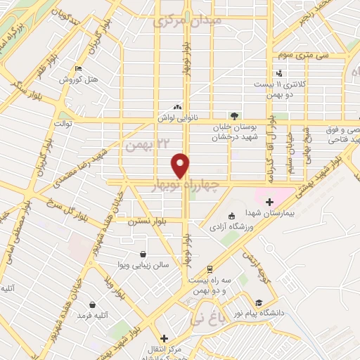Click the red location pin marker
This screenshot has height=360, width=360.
(x=181, y=165)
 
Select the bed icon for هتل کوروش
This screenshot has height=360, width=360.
(x=78, y=69)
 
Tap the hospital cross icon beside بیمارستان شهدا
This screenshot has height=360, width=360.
(x=269, y=202)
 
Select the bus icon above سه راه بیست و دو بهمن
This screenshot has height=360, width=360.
(x=210, y=269)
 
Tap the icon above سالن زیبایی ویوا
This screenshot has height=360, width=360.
(x=143, y=255)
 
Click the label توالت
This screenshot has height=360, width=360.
(x=64, y=124)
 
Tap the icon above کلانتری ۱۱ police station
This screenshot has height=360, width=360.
(x=280, y=73)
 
